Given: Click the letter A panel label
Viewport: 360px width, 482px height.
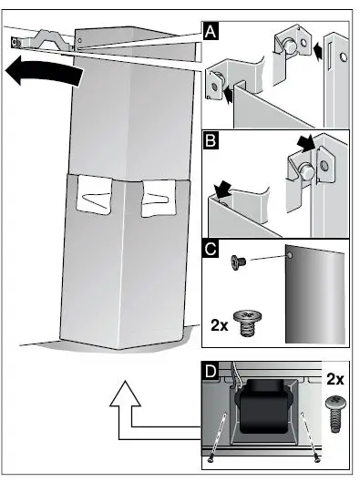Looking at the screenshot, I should coord(211,32).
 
